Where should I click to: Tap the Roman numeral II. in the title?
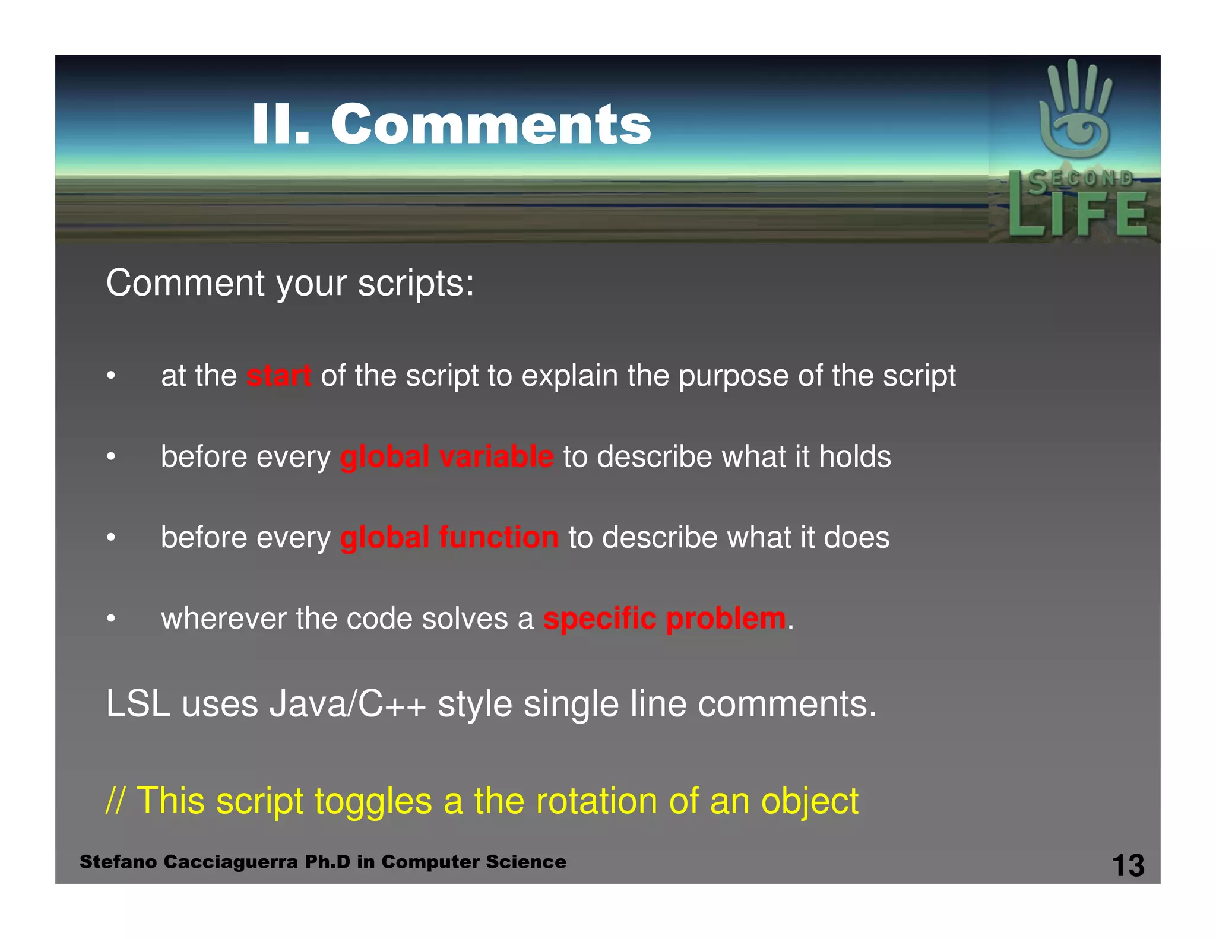point(280,124)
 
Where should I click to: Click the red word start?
point(278,376)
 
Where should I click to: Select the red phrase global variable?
point(446,456)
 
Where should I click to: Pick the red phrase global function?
point(449,537)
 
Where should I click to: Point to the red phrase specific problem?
point(664,618)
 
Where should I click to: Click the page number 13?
point(1128,865)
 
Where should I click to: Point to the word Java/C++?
point(347,705)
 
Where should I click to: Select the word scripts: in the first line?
point(416,283)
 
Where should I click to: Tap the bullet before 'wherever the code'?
point(110,619)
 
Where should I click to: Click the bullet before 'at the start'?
point(110,376)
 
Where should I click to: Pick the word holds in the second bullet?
point(854,456)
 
